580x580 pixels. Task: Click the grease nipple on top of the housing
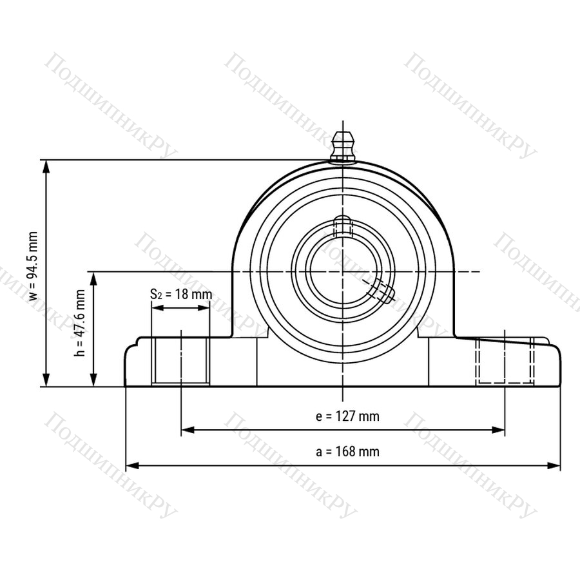343,146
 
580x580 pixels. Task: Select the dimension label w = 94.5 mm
34,266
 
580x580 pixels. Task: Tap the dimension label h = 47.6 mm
79,323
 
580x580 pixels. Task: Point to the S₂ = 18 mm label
181,295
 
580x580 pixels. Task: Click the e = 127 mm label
348,416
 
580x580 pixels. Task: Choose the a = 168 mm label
348,452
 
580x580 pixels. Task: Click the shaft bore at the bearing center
343,272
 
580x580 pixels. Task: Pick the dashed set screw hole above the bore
343,226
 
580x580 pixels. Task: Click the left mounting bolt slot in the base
180,362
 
